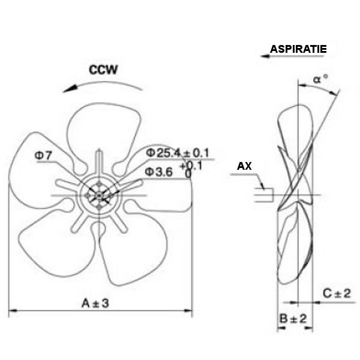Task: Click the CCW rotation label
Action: coord(103,70)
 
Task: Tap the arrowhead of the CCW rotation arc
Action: coord(70,89)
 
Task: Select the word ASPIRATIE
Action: coord(298,49)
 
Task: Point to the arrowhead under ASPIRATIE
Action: coord(265,56)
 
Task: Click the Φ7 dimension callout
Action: coord(43,155)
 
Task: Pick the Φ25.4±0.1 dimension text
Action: coord(178,153)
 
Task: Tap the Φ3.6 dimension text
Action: coord(158,172)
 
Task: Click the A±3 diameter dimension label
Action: coord(95,303)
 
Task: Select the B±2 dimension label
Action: coord(293,319)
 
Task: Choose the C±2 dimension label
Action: coord(337,293)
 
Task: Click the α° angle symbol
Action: coord(321,79)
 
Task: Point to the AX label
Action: coord(244,166)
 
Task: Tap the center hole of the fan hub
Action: coord(99,196)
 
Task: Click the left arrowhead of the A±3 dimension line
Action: coord(13,311)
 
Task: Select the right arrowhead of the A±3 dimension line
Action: coord(188,311)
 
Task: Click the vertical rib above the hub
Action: coord(99,163)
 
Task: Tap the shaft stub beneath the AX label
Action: coord(264,195)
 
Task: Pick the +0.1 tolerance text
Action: coord(191,166)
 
